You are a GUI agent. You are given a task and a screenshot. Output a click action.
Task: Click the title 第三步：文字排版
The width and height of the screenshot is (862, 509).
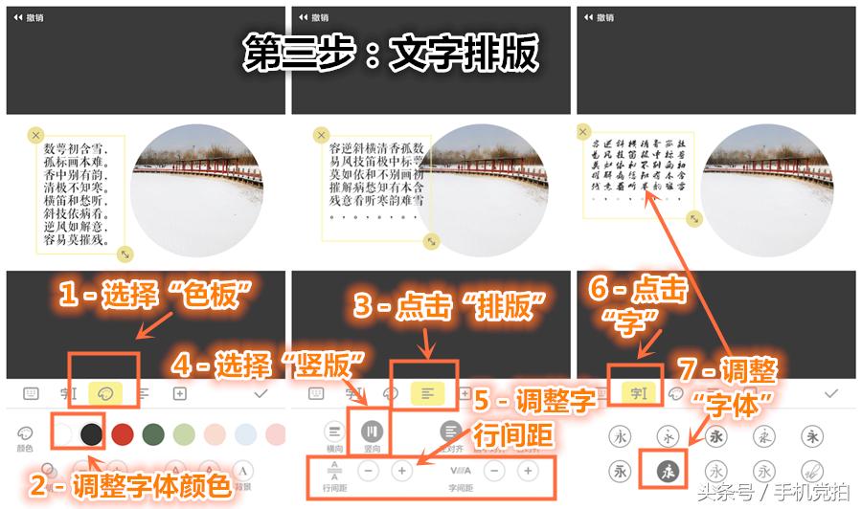pyautogui.click(x=390, y=55)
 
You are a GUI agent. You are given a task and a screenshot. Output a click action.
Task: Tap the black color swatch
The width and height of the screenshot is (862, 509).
pyautogui.click(x=91, y=433)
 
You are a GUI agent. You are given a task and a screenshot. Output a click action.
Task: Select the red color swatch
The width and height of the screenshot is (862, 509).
pyautogui.click(x=122, y=433)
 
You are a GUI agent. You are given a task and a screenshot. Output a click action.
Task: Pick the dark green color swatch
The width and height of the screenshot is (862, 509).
pyautogui.click(x=152, y=433)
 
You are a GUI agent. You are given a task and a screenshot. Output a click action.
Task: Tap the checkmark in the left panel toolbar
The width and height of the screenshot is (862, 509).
pyautogui.click(x=261, y=392)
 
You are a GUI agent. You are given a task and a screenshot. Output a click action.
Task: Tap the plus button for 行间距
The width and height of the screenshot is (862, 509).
pyautogui.click(x=401, y=471)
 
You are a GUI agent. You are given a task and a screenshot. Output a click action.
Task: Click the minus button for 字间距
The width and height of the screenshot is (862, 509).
pyautogui.click(x=493, y=471)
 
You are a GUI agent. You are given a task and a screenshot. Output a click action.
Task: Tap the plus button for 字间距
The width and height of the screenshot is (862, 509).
pyautogui.click(x=526, y=471)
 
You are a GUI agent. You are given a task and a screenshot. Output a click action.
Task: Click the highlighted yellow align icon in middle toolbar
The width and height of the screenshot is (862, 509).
pyautogui.click(x=425, y=392)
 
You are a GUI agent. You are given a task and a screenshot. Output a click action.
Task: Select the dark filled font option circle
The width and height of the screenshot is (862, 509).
pyautogui.click(x=668, y=471)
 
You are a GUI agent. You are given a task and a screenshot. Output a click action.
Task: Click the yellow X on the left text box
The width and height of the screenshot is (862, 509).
pyautogui.click(x=35, y=136)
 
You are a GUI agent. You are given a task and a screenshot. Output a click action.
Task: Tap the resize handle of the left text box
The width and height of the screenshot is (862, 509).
pyautogui.click(x=125, y=254)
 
